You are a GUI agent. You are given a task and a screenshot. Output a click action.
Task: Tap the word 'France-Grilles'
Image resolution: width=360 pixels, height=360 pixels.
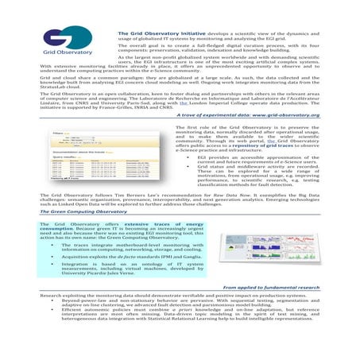coord(135,109)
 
